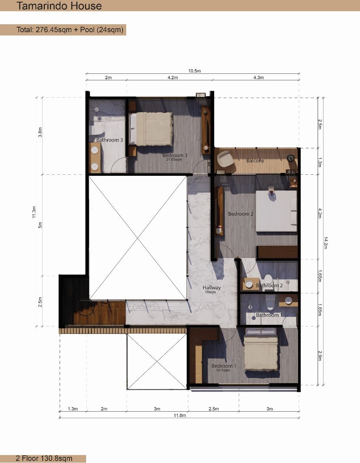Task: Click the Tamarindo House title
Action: [x=59, y=6]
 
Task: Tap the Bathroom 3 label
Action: [x=110, y=140]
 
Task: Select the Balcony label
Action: [x=255, y=161]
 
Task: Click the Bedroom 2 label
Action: [x=241, y=214]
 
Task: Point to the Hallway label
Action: [x=212, y=288]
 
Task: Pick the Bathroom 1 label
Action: [x=269, y=315]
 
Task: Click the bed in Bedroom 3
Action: [x=151, y=129]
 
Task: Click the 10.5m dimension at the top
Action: [x=194, y=71]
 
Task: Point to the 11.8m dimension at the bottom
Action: [x=179, y=416]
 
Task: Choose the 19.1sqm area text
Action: [x=223, y=370]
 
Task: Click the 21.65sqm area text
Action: [x=174, y=159]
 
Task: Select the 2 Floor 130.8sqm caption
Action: [x=44, y=458]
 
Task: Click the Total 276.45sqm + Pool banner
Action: [x=70, y=30]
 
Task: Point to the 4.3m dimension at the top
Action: [x=259, y=77]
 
